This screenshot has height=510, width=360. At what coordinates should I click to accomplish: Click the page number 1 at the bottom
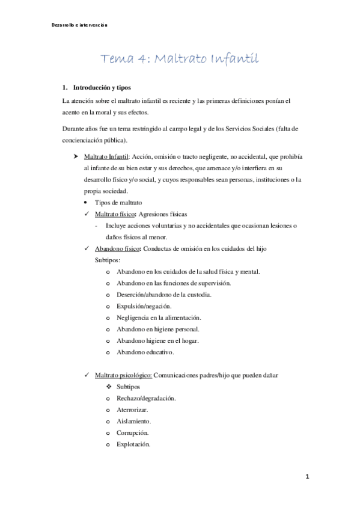point(306,476)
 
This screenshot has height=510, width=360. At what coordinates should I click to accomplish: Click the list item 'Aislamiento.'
point(134,421)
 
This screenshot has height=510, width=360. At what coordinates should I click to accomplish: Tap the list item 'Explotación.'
point(134,444)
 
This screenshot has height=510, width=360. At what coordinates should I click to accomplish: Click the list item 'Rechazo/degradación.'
point(146,398)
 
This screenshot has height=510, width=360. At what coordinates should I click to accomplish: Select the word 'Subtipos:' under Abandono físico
point(108,260)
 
